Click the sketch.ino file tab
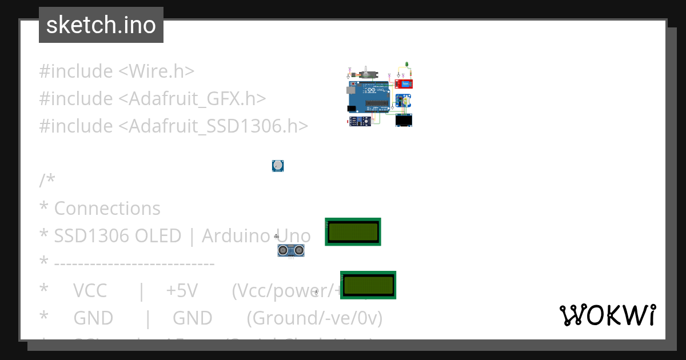coord(101,25)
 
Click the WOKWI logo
coord(607,315)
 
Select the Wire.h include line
coord(117,71)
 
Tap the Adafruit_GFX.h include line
coord(153,99)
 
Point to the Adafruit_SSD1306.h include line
coord(173,126)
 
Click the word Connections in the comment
coord(107,209)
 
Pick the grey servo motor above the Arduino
coord(365,74)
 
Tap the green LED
coord(406,64)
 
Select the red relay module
coord(404,84)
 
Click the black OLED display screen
coord(404,120)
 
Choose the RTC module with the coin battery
coord(404,101)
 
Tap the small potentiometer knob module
coord(278,166)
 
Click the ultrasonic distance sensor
coord(291,250)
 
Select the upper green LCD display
coord(353,231)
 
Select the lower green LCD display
coord(368,285)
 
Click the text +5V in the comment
coord(182,291)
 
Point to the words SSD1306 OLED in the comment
coord(118,236)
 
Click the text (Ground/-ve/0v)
coord(314,318)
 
